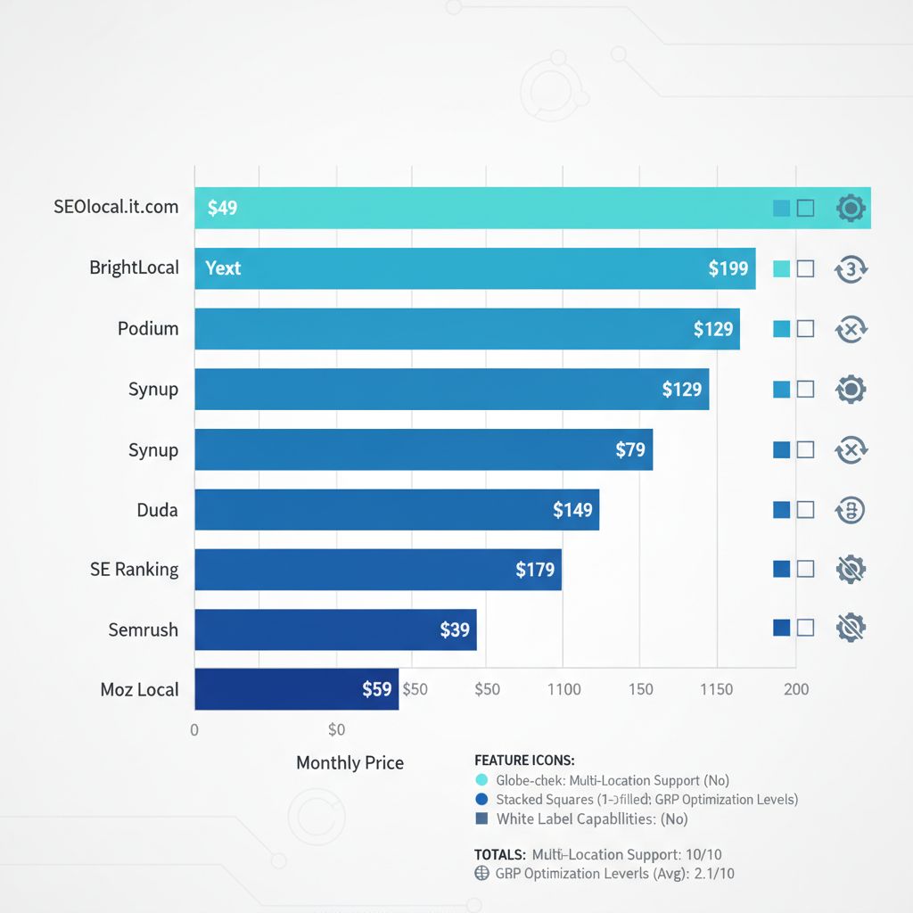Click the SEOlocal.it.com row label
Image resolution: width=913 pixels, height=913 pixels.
(116, 207)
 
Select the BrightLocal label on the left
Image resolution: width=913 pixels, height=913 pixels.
(134, 267)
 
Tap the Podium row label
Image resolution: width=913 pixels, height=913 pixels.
(148, 328)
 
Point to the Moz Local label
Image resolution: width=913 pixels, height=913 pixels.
(139, 689)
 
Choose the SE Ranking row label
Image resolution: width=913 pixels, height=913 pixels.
(134, 569)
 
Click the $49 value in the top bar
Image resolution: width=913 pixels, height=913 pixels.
(222, 209)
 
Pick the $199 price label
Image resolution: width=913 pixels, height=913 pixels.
(728, 268)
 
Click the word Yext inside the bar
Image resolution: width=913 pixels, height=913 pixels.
(223, 268)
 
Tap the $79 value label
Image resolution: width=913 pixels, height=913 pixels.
(630, 449)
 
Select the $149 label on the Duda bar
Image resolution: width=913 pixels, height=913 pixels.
(572, 510)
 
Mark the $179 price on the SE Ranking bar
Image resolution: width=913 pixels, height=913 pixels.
(535, 570)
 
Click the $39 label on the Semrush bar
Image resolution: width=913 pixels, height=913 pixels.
(455, 630)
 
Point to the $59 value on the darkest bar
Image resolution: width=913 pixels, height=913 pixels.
(377, 689)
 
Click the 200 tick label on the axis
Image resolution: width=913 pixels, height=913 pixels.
(796, 689)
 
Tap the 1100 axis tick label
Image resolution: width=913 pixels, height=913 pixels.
(563, 689)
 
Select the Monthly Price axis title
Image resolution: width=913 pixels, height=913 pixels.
(350, 763)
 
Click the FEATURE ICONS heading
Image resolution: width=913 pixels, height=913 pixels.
(524, 761)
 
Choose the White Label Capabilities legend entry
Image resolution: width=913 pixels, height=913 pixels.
(592, 818)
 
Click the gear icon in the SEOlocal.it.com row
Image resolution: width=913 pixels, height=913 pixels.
(851, 209)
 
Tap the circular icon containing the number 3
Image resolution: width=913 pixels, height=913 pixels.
(851, 268)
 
